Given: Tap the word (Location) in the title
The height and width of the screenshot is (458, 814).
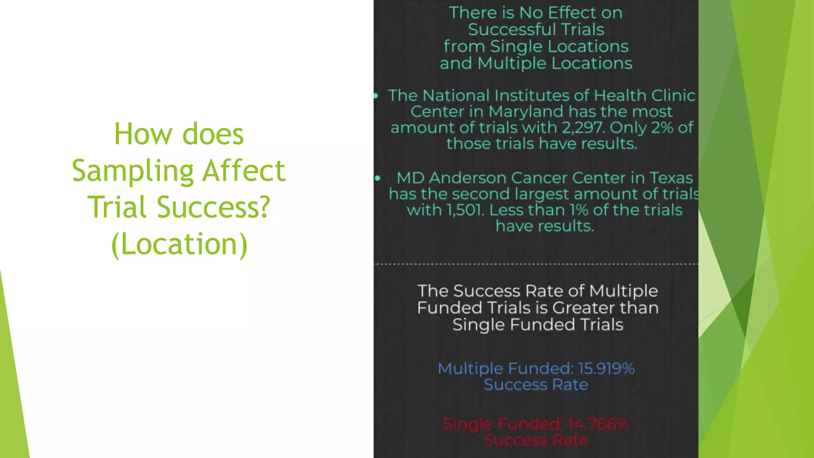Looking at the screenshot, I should [179, 244].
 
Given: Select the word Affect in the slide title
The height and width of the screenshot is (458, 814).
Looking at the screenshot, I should [244, 171].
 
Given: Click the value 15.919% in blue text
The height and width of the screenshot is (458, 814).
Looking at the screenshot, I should [606, 369].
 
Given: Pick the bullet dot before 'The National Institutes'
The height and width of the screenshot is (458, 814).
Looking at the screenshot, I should [376, 95].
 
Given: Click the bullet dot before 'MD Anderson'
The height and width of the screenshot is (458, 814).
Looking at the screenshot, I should [378, 178].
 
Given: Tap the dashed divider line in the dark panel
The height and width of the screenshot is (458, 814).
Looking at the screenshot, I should [536, 264].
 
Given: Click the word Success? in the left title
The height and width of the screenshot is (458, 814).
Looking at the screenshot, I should [213, 207].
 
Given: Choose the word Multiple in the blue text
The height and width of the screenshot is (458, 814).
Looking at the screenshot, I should [470, 369].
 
